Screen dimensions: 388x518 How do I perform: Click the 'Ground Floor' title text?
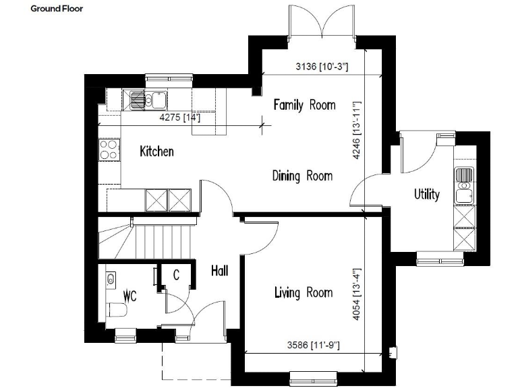click(x=57, y=10)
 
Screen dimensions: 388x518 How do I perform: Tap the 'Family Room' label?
click(x=304, y=105)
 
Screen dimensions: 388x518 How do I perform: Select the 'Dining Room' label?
click(x=302, y=176)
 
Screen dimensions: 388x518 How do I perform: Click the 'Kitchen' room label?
click(x=156, y=152)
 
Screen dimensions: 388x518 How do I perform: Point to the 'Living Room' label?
click(x=303, y=292)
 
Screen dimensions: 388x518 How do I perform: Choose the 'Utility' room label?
click(x=427, y=195)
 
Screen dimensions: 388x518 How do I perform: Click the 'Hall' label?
click(x=219, y=271)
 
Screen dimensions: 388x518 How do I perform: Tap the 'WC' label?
click(x=130, y=296)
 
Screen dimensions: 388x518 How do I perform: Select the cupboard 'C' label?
click(x=176, y=275)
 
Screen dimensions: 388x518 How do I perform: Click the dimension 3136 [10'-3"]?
click(x=321, y=67)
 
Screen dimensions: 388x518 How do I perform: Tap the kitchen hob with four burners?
click(x=108, y=149)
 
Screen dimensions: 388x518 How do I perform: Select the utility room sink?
click(x=464, y=186)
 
